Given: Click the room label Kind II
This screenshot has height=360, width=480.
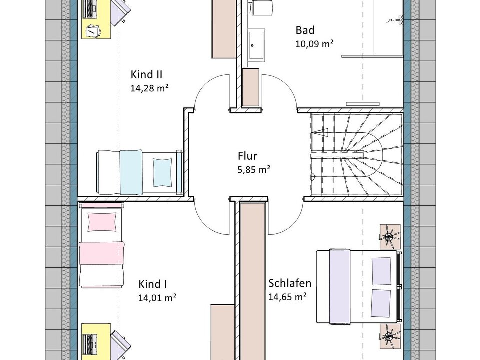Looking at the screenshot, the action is pyautogui.click(x=146, y=74).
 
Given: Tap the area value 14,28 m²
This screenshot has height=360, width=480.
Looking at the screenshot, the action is pyautogui.click(x=149, y=88).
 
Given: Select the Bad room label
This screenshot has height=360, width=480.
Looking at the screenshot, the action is pyautogui.click(x=305, y=30).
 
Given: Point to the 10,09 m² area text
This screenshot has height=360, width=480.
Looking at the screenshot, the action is pyautogui.click(x=314, y=44).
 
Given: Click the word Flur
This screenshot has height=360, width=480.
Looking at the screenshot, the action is pyautogui.click(x=247, y=156).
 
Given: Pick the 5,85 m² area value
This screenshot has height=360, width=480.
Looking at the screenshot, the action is pyautogui.click(x=254, y=170).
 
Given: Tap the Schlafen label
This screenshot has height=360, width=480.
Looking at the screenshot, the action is pyautogui.click(x=290, y=283).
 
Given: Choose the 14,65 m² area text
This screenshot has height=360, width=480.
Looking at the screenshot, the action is pyautogui.click(x=287, y=297).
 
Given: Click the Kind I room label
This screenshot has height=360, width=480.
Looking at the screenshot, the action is pyautogui.click(x=153, y=284).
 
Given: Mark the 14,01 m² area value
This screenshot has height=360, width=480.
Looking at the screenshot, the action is pyautogui.click(x=157, y=298).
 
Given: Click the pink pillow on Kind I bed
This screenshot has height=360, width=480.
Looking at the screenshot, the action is pyautogui.click(x=102, y=222).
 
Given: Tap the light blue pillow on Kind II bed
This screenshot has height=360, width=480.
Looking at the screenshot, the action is pyautogui.click(x=162, y=172).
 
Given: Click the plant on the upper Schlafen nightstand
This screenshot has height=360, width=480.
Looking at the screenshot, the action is pyautogui.click(x=390, y=236).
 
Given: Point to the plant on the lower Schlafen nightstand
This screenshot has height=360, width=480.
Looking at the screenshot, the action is pyautogui.click(x=390, y=336).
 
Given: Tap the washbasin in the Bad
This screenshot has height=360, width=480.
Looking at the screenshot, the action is pyautogui.click(x=256, y=45).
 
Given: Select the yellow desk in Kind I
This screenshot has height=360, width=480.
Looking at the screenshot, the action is pyautogui.click(x=96, y=341).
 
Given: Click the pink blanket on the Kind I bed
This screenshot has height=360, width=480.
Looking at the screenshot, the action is pyautogui.click(x=102, y=253).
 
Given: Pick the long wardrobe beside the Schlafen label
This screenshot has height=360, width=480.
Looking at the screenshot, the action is pyautogui.click(x=253, y=281).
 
